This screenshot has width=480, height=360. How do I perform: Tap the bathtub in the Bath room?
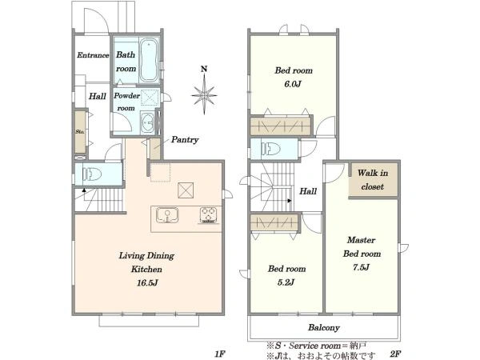pyautogui.click(x=149, y=60)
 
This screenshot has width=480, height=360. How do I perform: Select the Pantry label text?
pyautogui.click(x=185, y=139)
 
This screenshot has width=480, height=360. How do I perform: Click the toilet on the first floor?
pyautogui.click(x=92, y=174)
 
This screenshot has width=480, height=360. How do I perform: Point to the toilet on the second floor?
pyautogui.click(x=271, y=149)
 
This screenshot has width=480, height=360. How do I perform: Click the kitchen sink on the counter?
pyautogui.click(x=167, y=215)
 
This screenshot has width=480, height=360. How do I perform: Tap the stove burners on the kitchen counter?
pyautogui.click(x=209, y=215)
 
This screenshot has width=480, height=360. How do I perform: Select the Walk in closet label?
pyautogui.click(x=373, y=180)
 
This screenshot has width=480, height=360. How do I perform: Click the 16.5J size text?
pyautogui.click(x=147, y=282)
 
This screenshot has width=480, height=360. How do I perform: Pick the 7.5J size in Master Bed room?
pyautogui.click(x=362, y=267)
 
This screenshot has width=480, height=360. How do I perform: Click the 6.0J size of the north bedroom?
pyautogui.click(x=293, y=84)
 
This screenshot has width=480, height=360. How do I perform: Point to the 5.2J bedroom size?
pyautogui.click(x=286, y=282)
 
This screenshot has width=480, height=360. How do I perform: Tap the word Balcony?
pyautogui.click(x=324, y=327)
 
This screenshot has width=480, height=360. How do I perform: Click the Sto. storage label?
pyautogui.click(x=79, y=132)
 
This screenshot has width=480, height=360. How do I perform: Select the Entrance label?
pyautogui.click(x=93, y=55)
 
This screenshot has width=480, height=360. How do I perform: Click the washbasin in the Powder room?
pyautogui.click(x=148, y=122)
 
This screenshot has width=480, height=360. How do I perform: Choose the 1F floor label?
pyautogui.click(x=220, y=354)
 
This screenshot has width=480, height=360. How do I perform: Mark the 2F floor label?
pyautogui.click(x=395, y=354)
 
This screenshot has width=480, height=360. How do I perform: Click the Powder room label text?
pyautogui.click(x=126, y=102)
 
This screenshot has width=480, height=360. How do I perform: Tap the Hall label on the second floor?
pyautogui.click(x=308, y=191)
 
